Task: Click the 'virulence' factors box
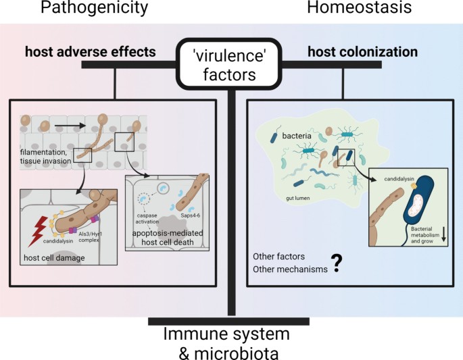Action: pyautogui.click(x=231, y=63)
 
